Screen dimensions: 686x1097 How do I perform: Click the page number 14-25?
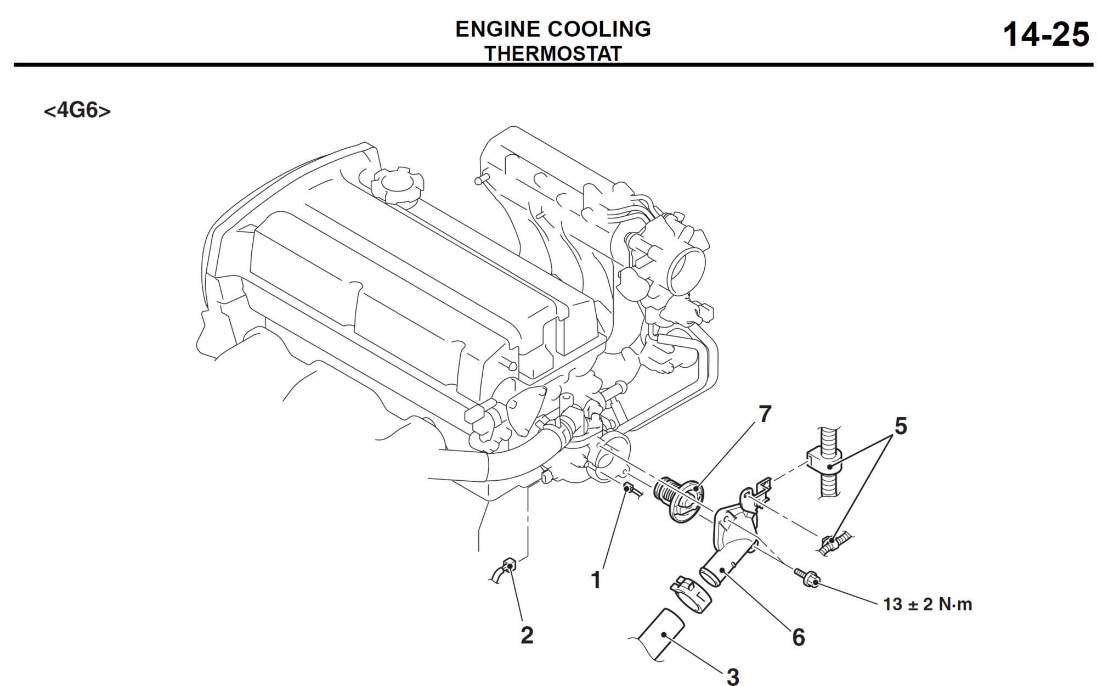[x=1045, y=35]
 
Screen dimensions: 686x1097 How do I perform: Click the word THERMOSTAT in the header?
[x=553, y=54]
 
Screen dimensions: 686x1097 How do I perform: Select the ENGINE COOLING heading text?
[x=553, y=29]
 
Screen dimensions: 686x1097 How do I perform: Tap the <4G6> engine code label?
[x=77, y=110]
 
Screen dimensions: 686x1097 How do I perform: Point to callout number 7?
[x=765, y=415]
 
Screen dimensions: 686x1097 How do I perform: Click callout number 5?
[x=901, y=426]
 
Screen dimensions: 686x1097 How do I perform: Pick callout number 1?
[x=596, y=580]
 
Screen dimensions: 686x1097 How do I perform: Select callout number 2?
[x=527, y=635]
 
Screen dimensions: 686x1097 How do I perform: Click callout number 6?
[x=799, y=638]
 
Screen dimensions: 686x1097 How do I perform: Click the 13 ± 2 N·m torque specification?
[x=928, y=604]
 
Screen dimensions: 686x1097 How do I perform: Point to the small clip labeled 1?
[x=629, y=488]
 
